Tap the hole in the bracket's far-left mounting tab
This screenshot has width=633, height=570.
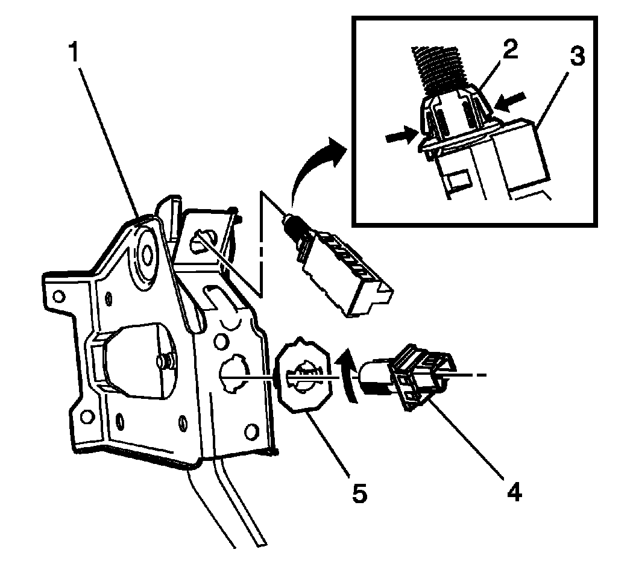click(x=58, y=296)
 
